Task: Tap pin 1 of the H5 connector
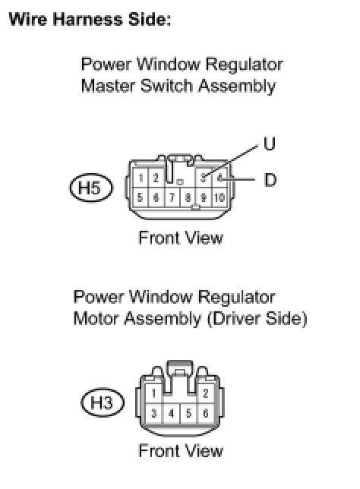point(141,178)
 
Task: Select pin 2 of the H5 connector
point(156,178)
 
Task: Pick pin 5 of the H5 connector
point(141,197)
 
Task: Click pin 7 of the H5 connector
point(172,197)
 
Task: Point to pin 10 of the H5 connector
point(220,197)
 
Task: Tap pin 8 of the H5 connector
point(188,197)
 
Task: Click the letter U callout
point(269,144)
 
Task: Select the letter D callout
point(270,180)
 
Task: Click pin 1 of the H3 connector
point(153,393)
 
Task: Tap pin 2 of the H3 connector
point(205,393)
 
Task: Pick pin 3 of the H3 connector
point(153,414)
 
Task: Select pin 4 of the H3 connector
point(171,414)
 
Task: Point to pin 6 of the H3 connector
point(206,414)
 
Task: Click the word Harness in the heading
point(87,19)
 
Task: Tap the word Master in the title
point(108,86)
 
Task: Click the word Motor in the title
point(96,319)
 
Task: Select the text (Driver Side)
point(257,319)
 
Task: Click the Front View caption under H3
point(181,451)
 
